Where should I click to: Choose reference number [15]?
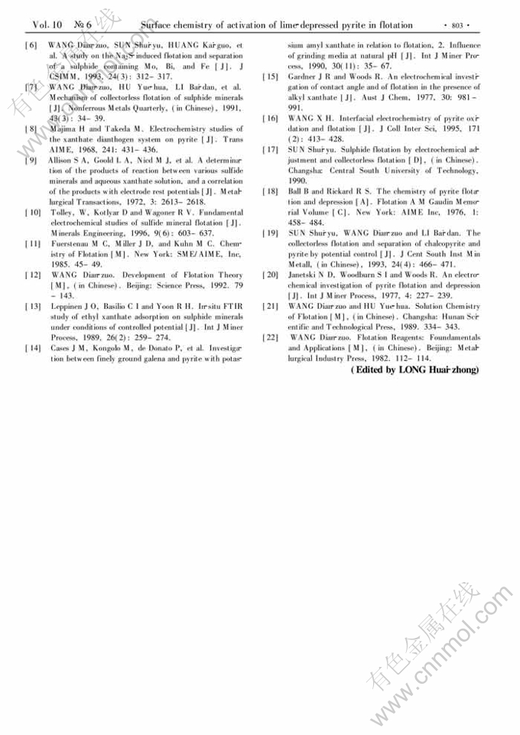point(270,77)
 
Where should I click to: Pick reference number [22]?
point(270,337)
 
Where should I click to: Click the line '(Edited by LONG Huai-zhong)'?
point(414,369)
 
